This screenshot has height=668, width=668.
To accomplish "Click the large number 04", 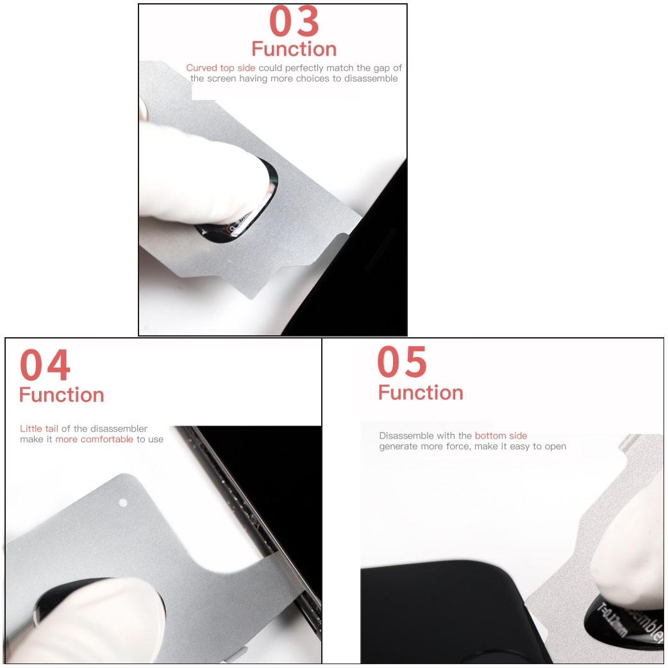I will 45,366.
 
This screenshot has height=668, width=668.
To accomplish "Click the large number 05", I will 402,362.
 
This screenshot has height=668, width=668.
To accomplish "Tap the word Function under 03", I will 294,49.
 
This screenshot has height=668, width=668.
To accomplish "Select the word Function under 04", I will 62,395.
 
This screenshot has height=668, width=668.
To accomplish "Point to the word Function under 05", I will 421,392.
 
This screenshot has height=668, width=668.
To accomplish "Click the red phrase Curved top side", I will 221,68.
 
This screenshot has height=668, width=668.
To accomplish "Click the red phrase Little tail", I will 39,429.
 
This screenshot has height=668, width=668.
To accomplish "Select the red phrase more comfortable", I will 94,440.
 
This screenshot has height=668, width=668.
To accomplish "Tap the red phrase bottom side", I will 501,436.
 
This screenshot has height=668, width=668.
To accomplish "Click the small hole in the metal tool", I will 124,503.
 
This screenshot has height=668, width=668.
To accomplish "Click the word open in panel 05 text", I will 555,447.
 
